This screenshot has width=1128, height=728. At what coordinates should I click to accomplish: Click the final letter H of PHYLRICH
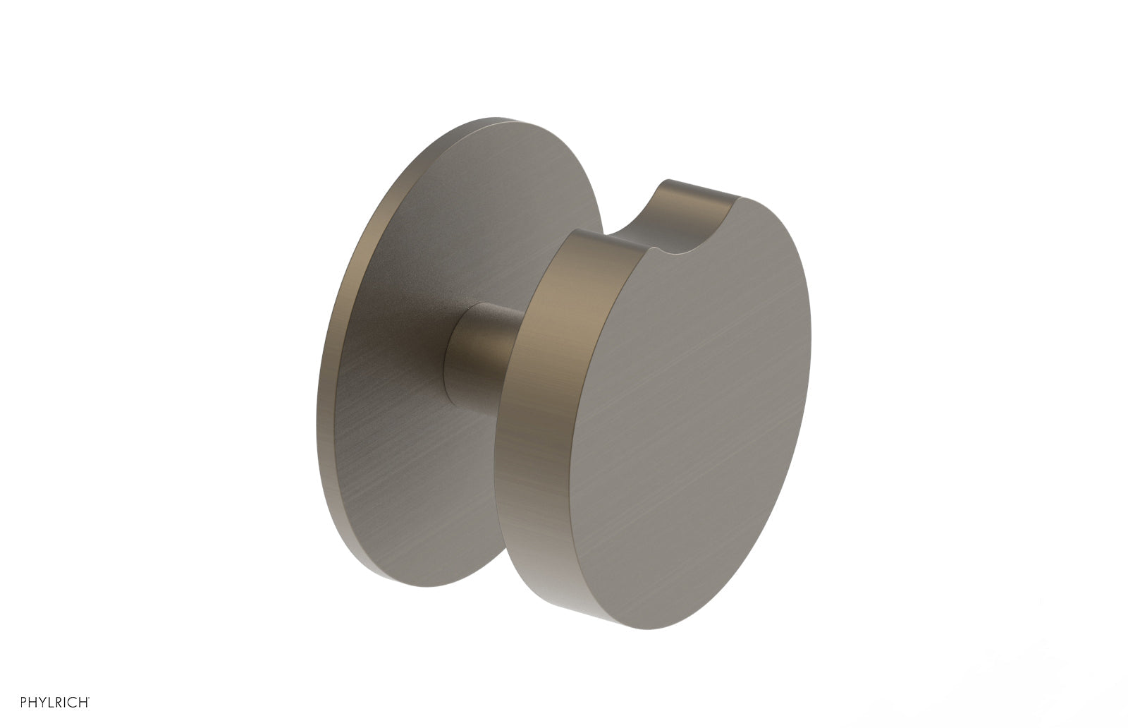click(83, 703)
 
